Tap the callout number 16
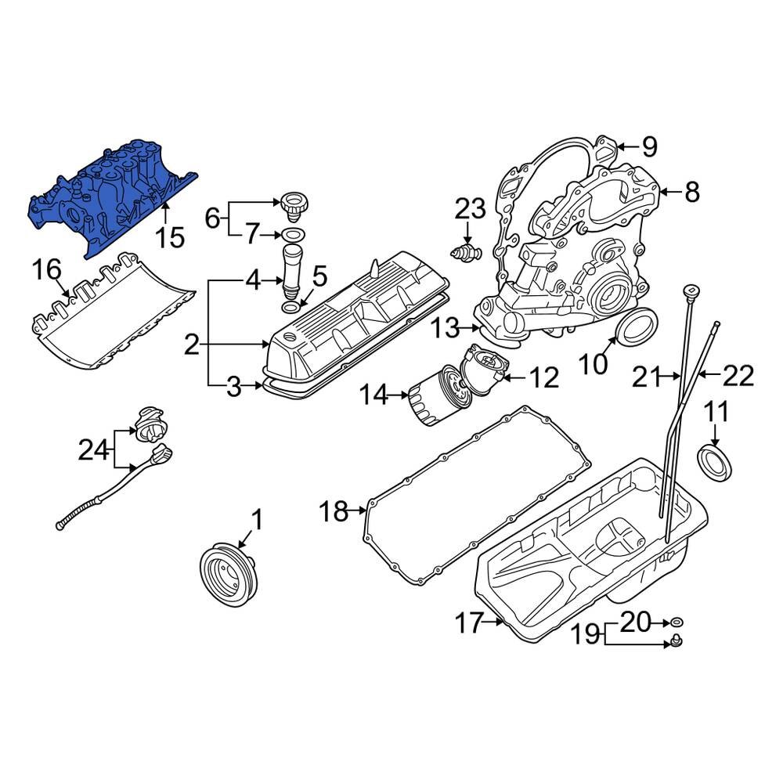[46, 270]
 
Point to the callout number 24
[94, 449]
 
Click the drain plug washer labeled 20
[678, 622]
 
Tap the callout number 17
[471, 623]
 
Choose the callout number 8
[691, 191]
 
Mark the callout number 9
[649, 146]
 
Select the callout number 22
[738, 377]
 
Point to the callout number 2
[192, 345]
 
